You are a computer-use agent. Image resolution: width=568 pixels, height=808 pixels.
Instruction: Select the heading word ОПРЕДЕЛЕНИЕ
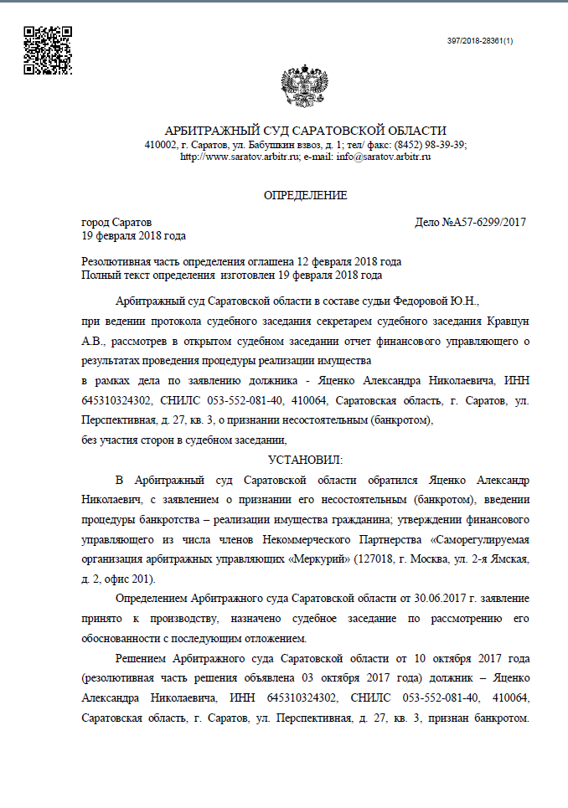305,195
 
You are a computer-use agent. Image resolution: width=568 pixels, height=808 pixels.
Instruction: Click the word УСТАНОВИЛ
305,460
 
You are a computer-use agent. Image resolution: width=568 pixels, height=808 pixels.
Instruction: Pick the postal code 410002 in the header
161,144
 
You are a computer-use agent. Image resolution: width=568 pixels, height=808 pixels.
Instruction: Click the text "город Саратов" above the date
116,223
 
